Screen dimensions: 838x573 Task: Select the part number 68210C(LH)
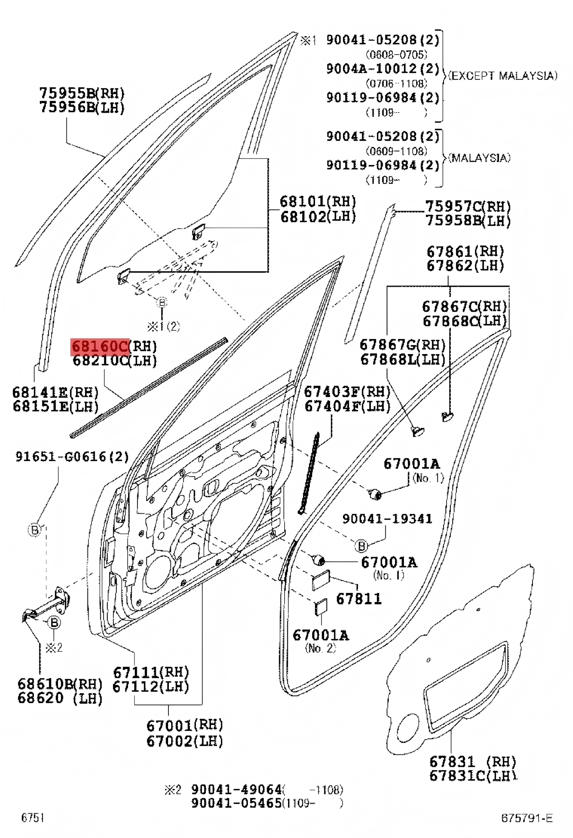coord(115,361)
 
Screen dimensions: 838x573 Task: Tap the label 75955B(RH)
coord(82,93)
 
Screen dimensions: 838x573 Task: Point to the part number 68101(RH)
coord(317,202)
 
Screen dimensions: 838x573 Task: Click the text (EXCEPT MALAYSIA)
coord(502,76)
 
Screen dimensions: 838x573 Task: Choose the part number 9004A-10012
coord(382,69)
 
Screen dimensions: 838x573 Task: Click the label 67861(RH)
coord(465,252)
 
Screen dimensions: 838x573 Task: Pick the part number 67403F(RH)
coord(347,391)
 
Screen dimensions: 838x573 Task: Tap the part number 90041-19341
coord(387,519)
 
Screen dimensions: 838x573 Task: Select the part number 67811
coord(359,599)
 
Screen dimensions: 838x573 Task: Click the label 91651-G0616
coord(72,456)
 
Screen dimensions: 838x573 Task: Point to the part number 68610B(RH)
coord(60,683)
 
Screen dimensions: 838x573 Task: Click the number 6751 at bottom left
coord(33,817)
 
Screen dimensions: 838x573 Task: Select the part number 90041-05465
coord(236,803)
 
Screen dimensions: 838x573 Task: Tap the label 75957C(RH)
coord(468,207)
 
